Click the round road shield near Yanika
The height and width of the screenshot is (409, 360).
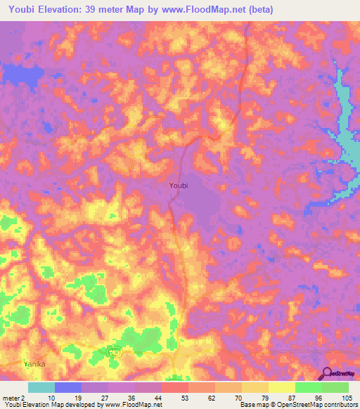tap(111, 350)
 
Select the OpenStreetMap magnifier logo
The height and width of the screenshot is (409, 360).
tap(326, 374)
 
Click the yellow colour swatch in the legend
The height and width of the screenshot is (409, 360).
tap(282, 387)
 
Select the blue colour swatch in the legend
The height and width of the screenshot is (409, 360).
tap(68, 387)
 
